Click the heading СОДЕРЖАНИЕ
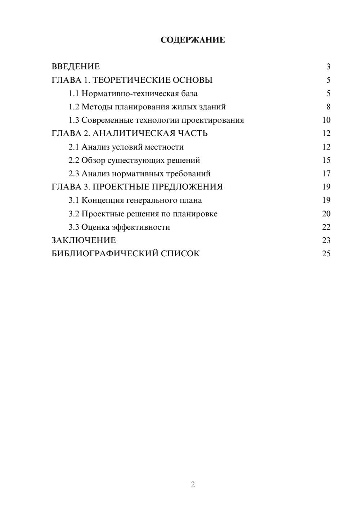[x=193, y=40]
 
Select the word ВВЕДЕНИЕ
[x=76, y=67]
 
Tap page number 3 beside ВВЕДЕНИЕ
[x=328, y=67]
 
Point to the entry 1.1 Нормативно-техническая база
[x=133, y=94]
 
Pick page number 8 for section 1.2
[x=328, y=107]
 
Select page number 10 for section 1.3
[x=326, y=120]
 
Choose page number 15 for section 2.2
[x=326, y=160]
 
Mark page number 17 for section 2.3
[x=326, y=174]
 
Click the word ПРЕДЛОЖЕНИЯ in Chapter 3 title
[x=187, y=187]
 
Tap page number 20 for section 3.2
[x=326, y=214]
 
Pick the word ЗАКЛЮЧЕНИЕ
[x=84, y=240]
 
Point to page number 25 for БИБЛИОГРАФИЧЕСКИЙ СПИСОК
[x=326, y=254]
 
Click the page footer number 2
[x=193, y=485]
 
